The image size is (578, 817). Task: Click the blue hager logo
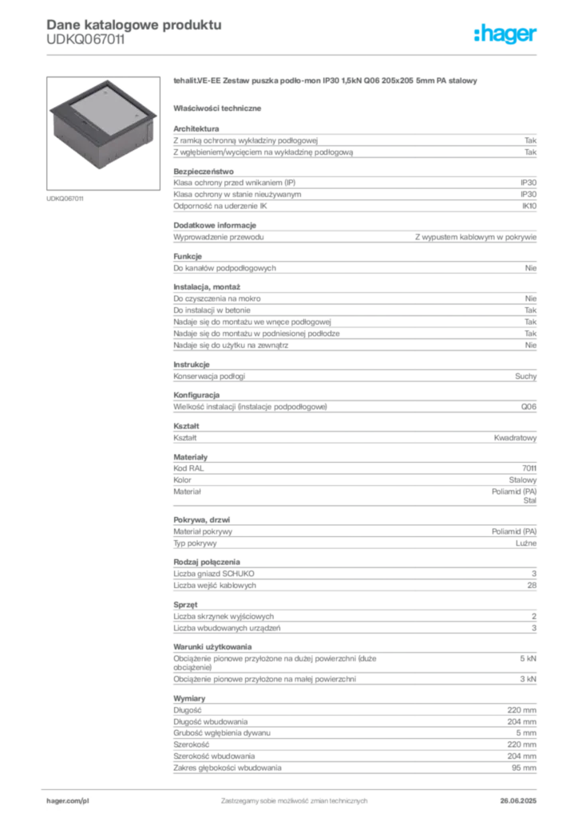(x=506, y=34)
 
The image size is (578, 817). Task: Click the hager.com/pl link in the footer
(x=68, y=799)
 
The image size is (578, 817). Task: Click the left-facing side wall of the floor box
(x=76, y=141)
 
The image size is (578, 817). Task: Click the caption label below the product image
(x=66, y=198)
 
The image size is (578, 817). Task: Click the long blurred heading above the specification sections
(x=325, y=82)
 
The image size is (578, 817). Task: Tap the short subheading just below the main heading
(x=220, y=108)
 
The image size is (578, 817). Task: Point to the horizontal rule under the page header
(x=293, y=53)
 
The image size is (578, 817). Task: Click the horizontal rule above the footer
(x=293, y=784)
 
